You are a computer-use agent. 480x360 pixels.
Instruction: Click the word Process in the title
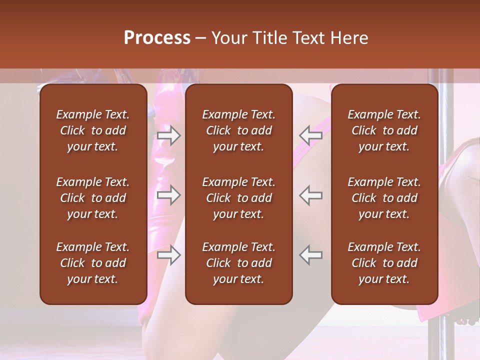click(157, 38)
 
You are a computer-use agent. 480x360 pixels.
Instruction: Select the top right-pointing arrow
click(168, 135)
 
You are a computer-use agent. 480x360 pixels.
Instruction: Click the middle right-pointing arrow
click(168, 195)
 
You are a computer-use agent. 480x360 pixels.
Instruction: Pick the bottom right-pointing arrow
click(168, 255)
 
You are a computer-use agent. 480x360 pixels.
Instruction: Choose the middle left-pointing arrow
click(310, 195)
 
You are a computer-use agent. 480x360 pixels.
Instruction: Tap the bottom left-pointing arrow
click(310, 255)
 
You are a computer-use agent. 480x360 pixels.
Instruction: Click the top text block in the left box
click(93, 130)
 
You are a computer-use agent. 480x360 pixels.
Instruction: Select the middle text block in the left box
click(93, 198)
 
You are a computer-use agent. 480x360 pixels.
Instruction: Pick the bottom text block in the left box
click(93, 263)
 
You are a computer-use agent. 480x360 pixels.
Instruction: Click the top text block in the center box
click(239, 130)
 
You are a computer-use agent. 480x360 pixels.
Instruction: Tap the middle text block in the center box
click(239, 198)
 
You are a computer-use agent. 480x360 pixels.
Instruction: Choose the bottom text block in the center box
click(239, 263)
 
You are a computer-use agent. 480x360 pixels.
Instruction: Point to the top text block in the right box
click(384, 130)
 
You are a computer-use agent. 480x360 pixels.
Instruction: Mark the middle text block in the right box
click(384, 198)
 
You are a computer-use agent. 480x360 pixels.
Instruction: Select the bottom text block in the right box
click(384, 263)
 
